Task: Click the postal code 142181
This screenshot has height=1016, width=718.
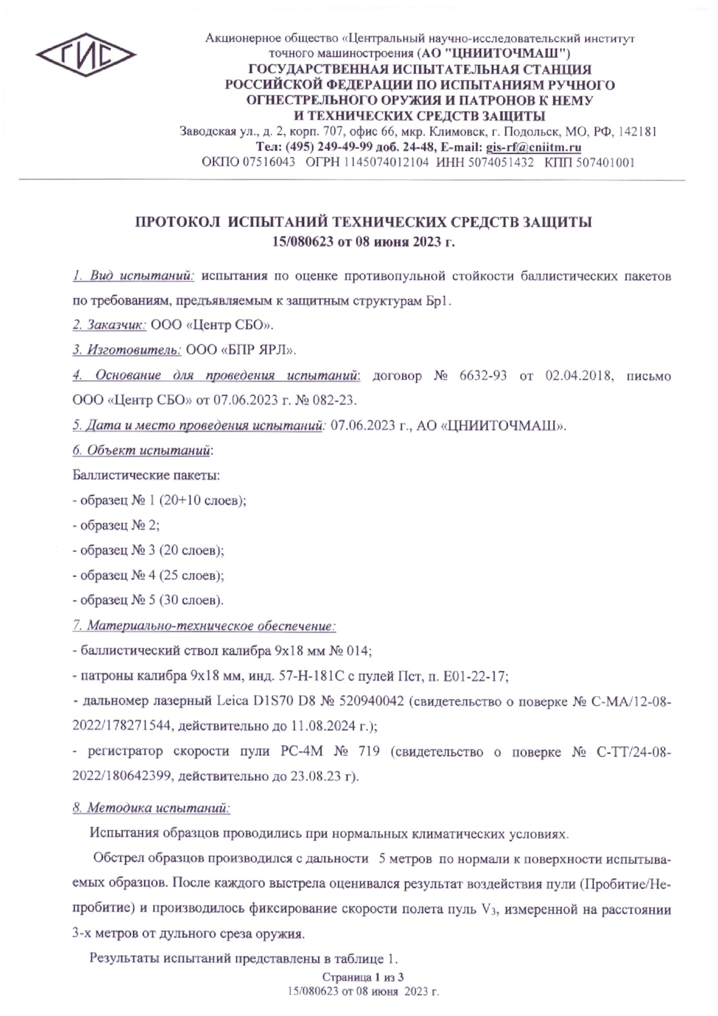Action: [x=638, y=132]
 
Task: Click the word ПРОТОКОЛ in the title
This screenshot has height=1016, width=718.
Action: [x=177, y=222]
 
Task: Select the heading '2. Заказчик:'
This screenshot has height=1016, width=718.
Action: [x=109, y=325]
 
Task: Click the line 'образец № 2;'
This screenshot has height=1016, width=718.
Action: [x=116, y=526]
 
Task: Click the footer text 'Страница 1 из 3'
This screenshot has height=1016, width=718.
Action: [x=362, y=977]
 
